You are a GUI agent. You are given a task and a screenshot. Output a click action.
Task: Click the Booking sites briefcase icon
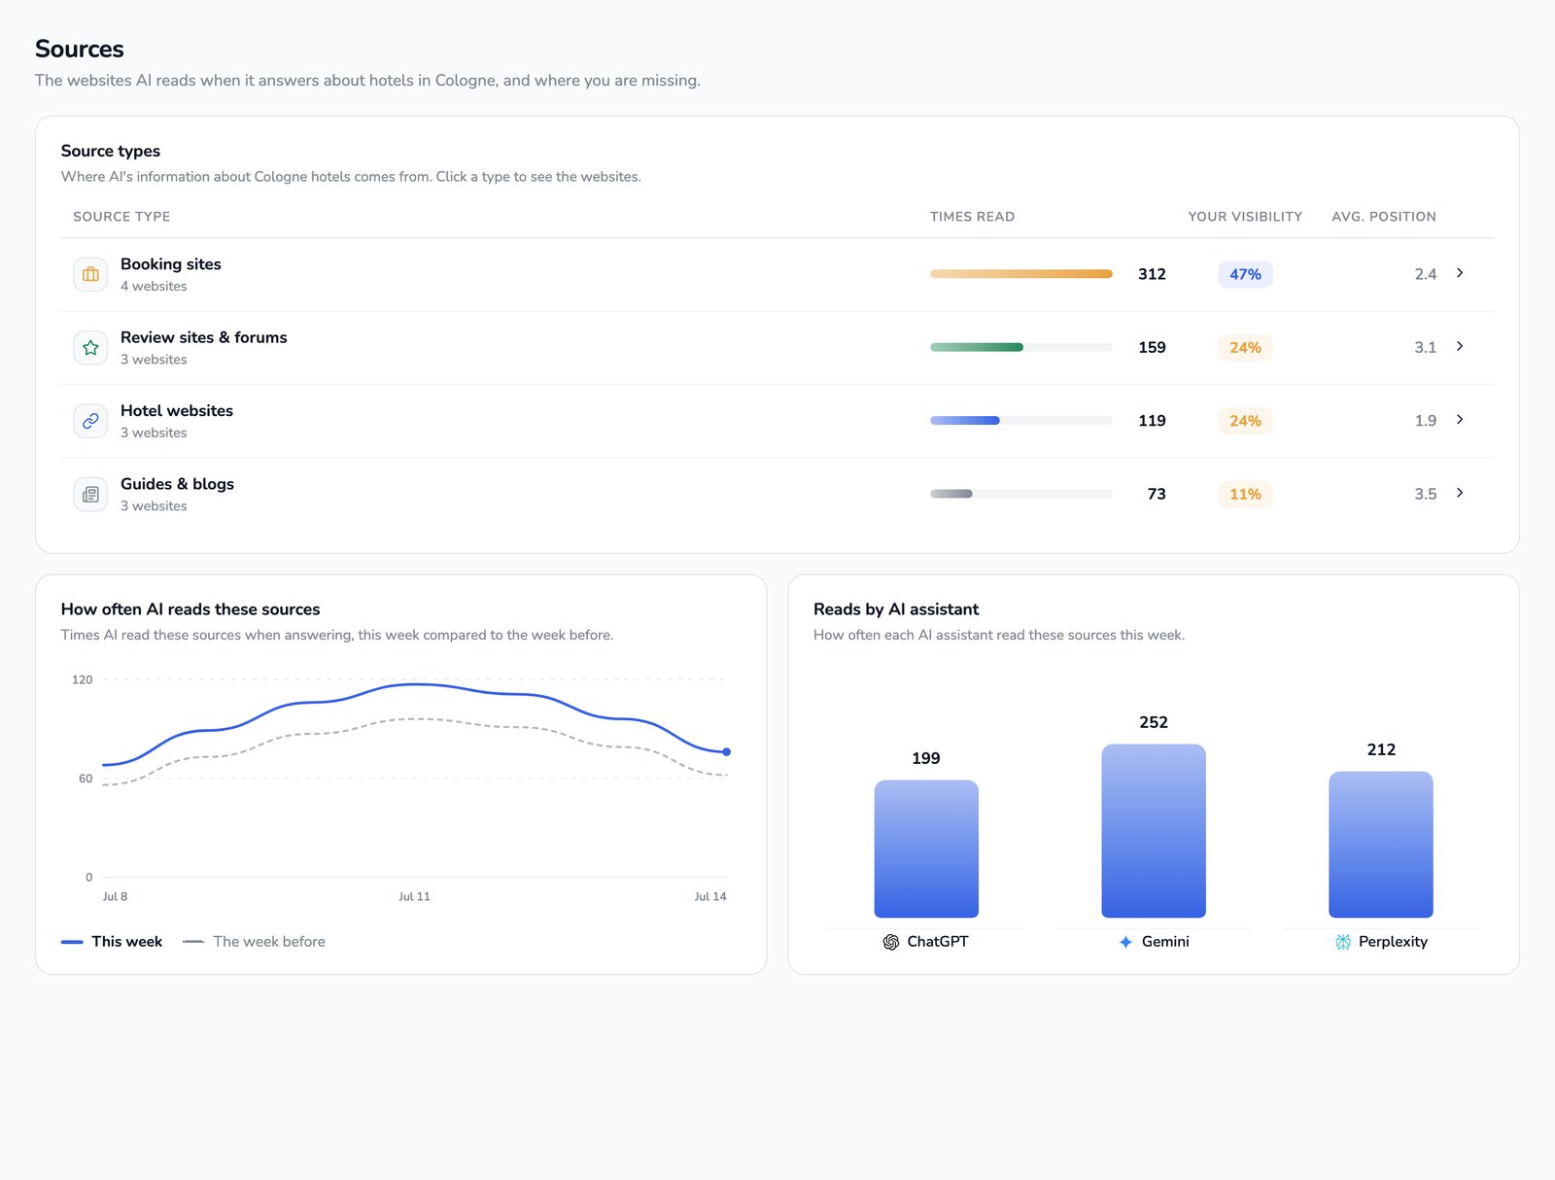(90, 274)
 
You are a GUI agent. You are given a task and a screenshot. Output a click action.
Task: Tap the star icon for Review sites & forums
(90, 348)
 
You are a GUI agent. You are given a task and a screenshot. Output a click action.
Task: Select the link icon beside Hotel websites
(90, 421)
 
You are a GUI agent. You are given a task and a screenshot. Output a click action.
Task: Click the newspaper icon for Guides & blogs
(90, 495)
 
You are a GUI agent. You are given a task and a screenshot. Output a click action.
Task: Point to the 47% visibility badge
(1245, 274)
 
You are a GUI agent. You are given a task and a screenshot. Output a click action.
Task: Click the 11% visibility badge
(1245, 494)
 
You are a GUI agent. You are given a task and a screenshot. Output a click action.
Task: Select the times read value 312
(1152, 274)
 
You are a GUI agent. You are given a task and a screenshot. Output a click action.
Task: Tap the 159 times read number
(1152, 347)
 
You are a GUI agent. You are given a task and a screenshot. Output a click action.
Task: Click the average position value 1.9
(1425, 421)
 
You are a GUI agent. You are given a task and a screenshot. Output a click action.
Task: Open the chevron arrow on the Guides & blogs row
(1460, 492)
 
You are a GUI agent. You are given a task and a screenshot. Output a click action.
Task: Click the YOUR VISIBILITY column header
(1245, 217)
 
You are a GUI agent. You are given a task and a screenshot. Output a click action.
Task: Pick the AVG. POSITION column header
(1383, 217)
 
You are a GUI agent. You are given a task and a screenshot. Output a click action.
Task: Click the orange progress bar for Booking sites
(1020, 274)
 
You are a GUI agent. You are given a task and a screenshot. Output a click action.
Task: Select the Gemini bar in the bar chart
(1153, 830)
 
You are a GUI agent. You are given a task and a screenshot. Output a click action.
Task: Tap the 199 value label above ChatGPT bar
(925, 758)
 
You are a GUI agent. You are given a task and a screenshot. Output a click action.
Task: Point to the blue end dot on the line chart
(726, 751)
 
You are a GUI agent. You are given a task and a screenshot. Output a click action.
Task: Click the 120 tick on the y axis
(83, 679)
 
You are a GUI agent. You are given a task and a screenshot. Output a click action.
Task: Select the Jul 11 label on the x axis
(414, 896)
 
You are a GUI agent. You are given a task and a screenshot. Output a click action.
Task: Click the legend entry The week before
(254, 941)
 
